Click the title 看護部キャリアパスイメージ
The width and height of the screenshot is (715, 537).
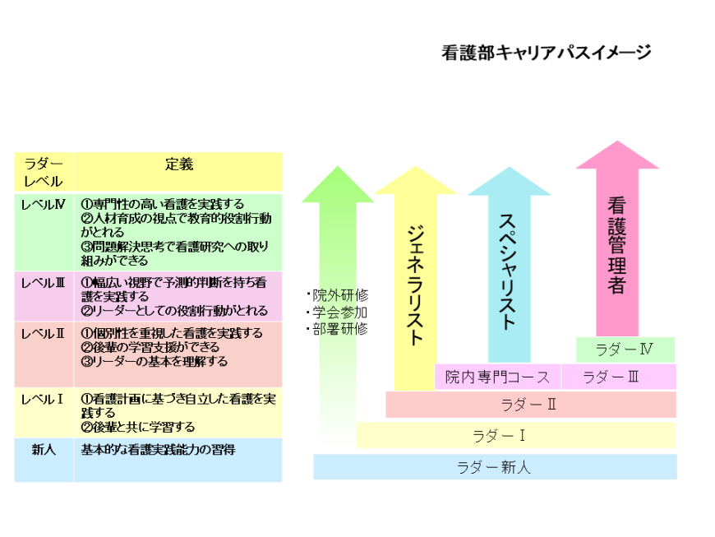point(547,53)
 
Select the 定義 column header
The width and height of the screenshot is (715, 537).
point(179,164)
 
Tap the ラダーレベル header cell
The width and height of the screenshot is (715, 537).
point(44,173)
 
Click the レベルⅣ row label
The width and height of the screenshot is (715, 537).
point(44,205)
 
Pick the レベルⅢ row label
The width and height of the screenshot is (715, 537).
point(44,283)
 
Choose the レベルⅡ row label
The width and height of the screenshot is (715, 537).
point(44,334)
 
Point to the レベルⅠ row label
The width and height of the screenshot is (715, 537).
point(42,400)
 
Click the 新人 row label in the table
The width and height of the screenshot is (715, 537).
point(44,450)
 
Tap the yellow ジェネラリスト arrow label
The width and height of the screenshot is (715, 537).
point(415,285)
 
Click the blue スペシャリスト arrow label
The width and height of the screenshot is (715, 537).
point(508,272)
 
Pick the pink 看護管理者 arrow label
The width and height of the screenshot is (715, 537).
point(616,245)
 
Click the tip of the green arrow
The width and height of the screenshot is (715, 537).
point(338,166)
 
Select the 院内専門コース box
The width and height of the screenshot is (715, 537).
point(497,377)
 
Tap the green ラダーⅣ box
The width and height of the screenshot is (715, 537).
point(625,350)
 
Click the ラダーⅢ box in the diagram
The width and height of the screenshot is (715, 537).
point(619,377)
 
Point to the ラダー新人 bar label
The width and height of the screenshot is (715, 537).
point(494,467)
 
